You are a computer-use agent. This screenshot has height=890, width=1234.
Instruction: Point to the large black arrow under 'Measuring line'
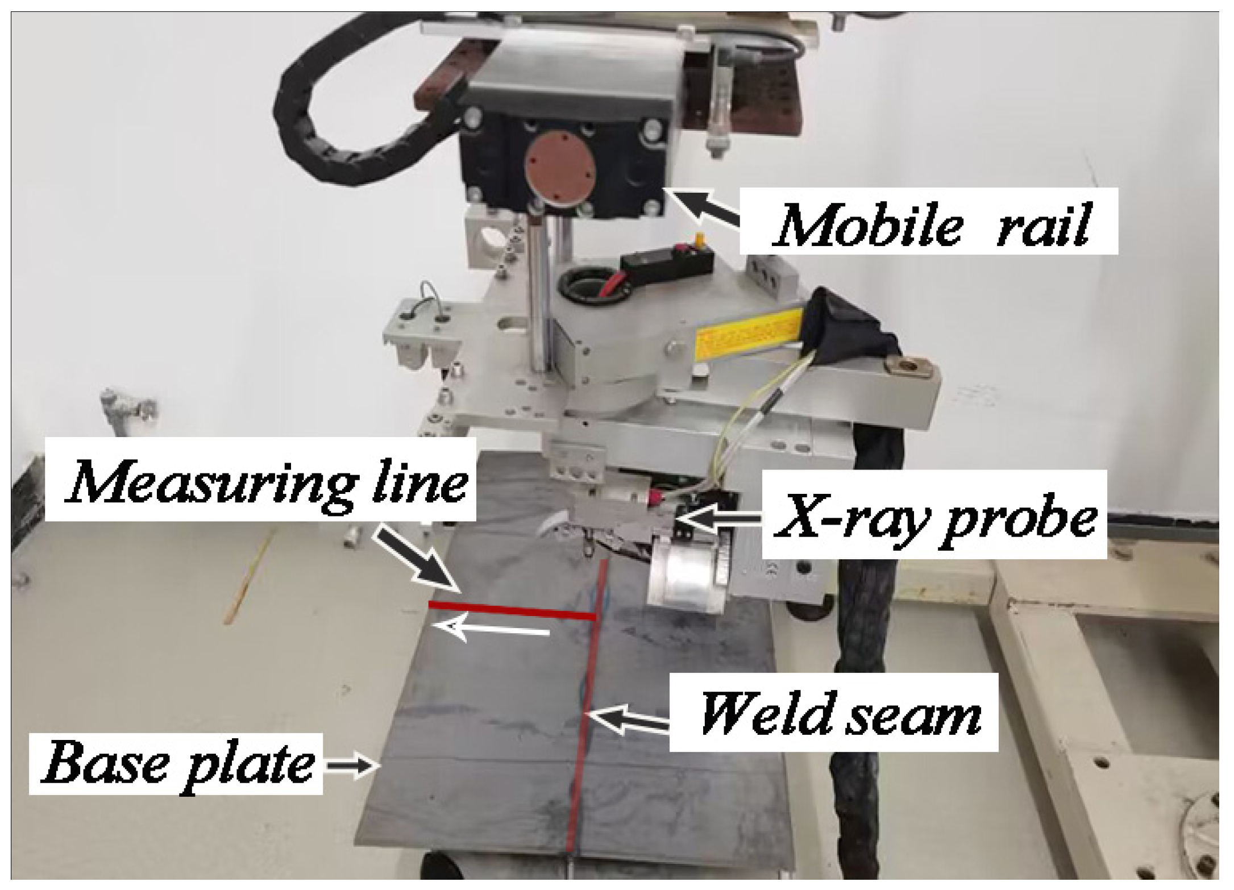[x=418, y=562]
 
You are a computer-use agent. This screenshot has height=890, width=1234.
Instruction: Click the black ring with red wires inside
[x=594, y=285]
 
